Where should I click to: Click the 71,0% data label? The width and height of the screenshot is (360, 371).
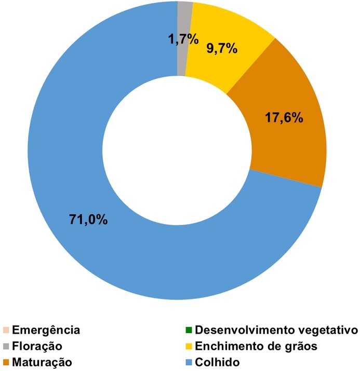tap(88, 218)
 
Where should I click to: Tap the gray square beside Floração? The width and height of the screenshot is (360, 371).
tap(6, 346)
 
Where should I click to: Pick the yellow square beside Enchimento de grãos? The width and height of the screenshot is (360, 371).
tap(188, 346)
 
